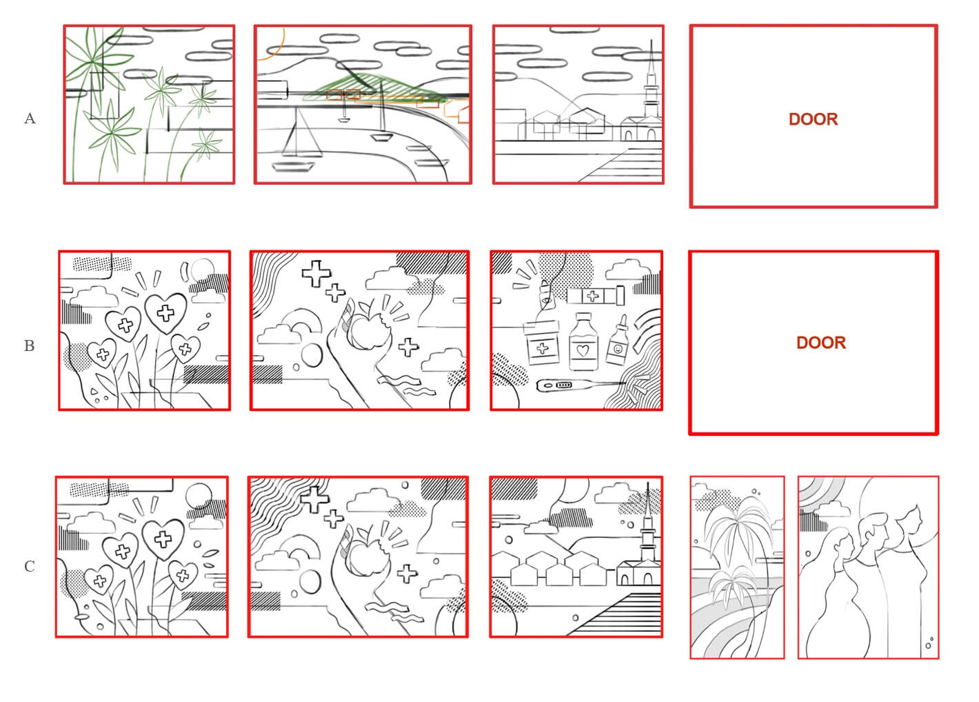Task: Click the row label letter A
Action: [x=30, y=119]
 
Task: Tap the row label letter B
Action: [x=29, y=345]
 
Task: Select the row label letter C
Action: [x=29, y=566]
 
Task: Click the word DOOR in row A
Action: [x=813, y=119]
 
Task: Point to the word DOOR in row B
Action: [x=821, y=343]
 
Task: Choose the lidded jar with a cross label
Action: [x=543, y=343]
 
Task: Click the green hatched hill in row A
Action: [x=376, y=89]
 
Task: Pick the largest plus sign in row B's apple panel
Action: [x=316, y=274]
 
